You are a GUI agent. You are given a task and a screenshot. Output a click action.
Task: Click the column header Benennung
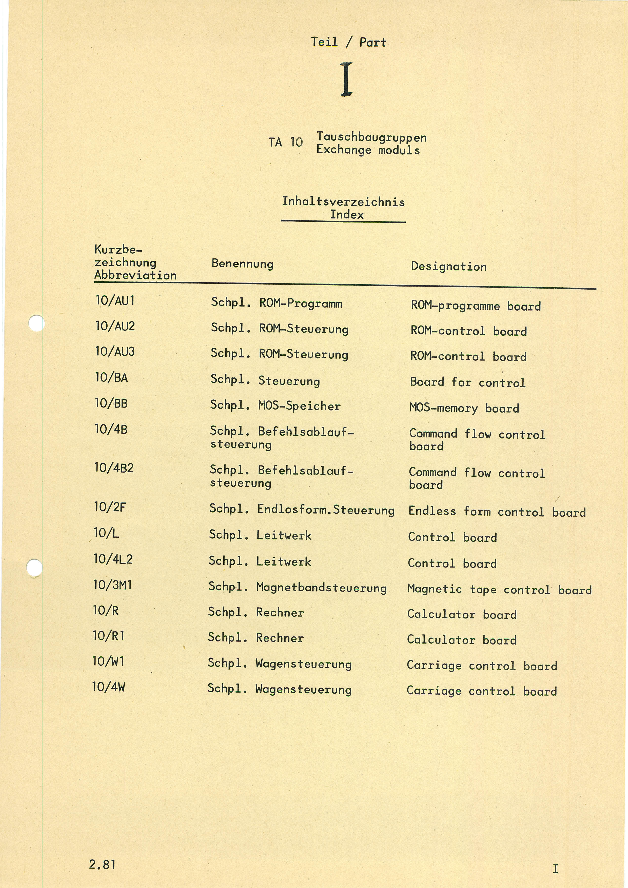[242, 264]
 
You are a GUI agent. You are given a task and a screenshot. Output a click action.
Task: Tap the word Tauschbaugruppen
[371, 137]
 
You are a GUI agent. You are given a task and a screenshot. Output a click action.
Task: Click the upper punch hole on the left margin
[37, 323]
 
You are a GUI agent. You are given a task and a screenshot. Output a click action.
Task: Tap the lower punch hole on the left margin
[34, 567]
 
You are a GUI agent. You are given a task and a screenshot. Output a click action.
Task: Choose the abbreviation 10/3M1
[113, 585]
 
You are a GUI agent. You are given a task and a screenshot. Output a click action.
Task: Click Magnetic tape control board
[499, 590]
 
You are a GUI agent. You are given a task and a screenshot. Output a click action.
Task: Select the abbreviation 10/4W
[109, 687]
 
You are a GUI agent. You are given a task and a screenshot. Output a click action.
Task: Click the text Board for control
[467, 382]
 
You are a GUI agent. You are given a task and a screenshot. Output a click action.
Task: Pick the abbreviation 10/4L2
[113, 559]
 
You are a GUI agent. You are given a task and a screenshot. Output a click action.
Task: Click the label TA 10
[286, 142]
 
